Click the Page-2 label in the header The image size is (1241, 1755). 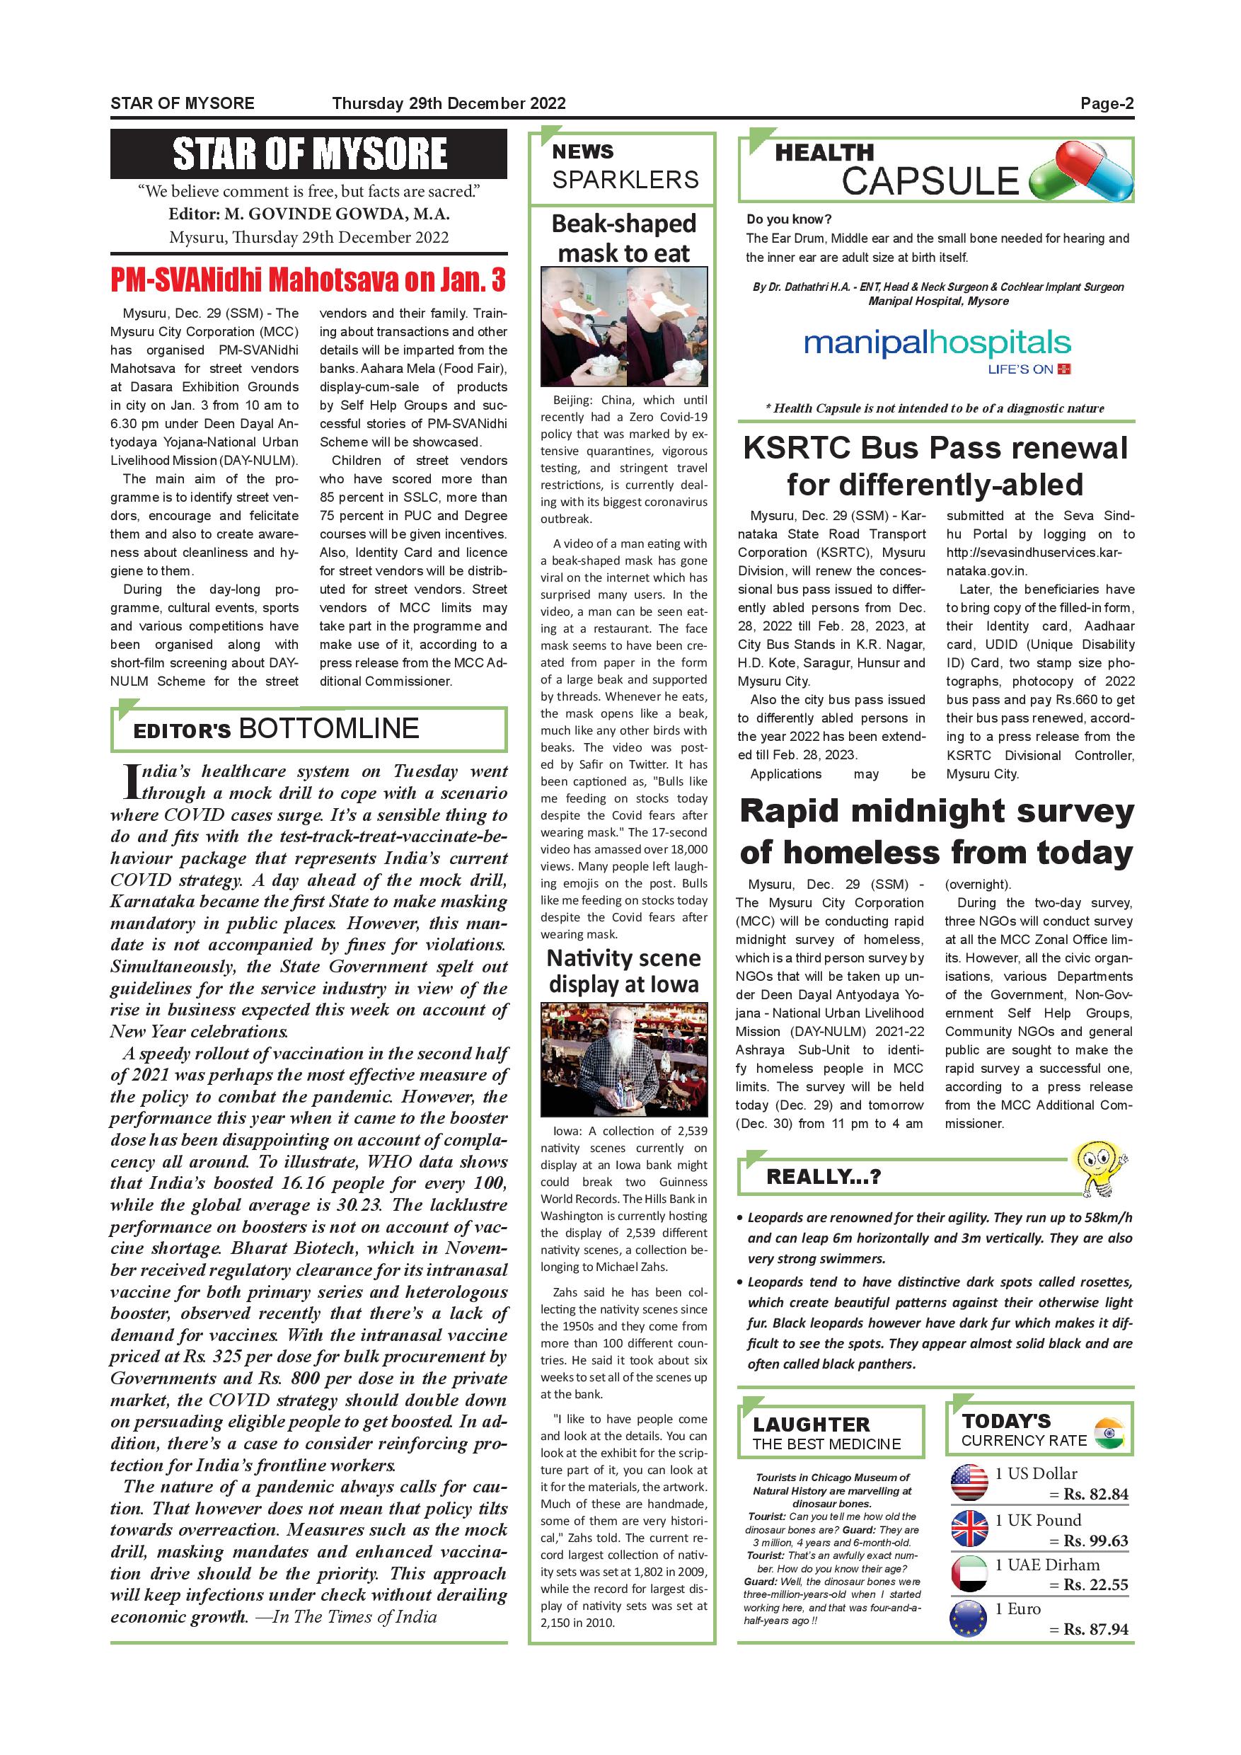coord(1107,104)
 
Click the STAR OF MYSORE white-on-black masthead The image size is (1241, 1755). coord(308,154)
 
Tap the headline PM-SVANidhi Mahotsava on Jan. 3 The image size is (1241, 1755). coord(308,280)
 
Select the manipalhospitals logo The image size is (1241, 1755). coord(937,345)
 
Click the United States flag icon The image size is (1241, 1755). coord(969,1483)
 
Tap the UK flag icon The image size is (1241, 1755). coord(969,1529)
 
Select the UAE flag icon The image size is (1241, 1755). coord(969,1575)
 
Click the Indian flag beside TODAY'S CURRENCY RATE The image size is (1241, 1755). coord(1109,1432)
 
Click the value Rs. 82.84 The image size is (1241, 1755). coord(1096,1495)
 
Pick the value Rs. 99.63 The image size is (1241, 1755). coord(1096,1541)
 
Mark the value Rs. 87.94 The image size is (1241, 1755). coord(1096,1630)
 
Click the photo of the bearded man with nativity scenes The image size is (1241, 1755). coord(623,1059)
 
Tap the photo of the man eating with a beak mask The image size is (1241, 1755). coord(623,326)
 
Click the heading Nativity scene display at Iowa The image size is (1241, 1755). coord(623,971)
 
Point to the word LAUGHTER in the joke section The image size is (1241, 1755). coord(811,1425)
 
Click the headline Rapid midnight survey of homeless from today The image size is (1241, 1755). coord(936,832)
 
